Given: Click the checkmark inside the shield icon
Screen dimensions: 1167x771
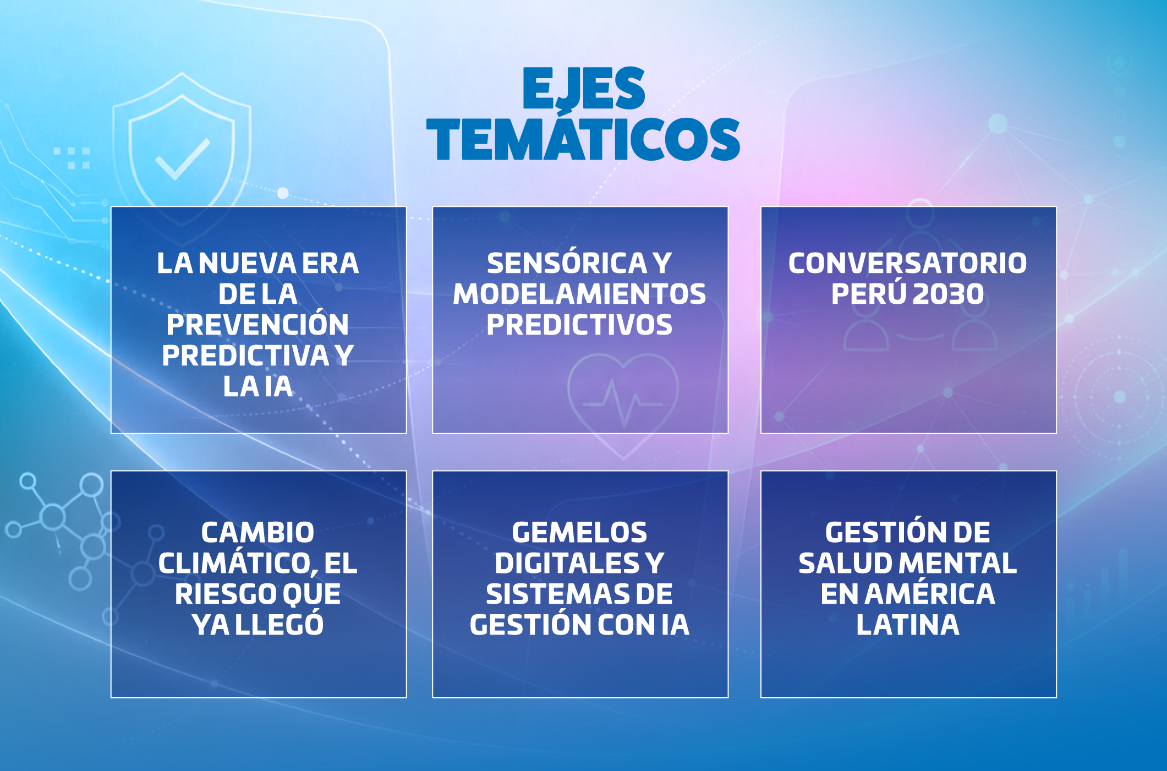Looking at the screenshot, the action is point(183,159).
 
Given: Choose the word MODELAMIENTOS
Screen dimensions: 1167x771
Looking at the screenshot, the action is point(579,294).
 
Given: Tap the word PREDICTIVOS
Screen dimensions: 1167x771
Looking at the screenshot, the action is point(579,325).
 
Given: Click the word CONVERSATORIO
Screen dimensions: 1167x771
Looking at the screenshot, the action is point(907,263).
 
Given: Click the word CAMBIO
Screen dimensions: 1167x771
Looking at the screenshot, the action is point(257,532).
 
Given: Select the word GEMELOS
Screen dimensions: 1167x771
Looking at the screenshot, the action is point(579,532).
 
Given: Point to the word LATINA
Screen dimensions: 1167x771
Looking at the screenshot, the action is point(908,625).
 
